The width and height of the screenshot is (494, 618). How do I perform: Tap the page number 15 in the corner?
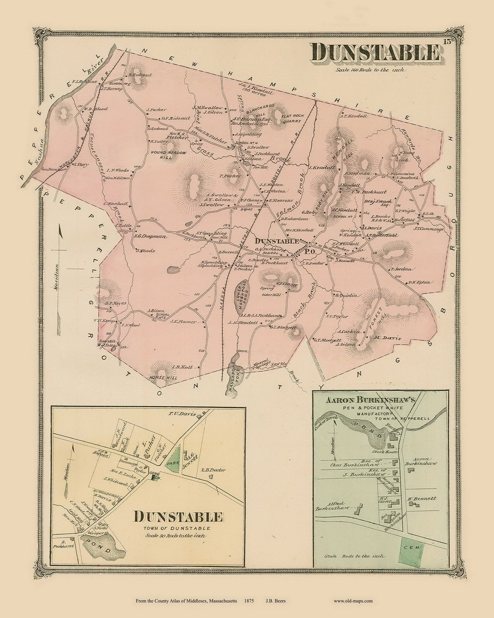click(447, 43)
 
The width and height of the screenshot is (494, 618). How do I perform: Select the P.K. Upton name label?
click(419, 282)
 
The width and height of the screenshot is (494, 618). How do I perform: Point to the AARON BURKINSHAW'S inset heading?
click(370, 400)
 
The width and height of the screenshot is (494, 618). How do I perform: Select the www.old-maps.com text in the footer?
click(353, 601)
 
